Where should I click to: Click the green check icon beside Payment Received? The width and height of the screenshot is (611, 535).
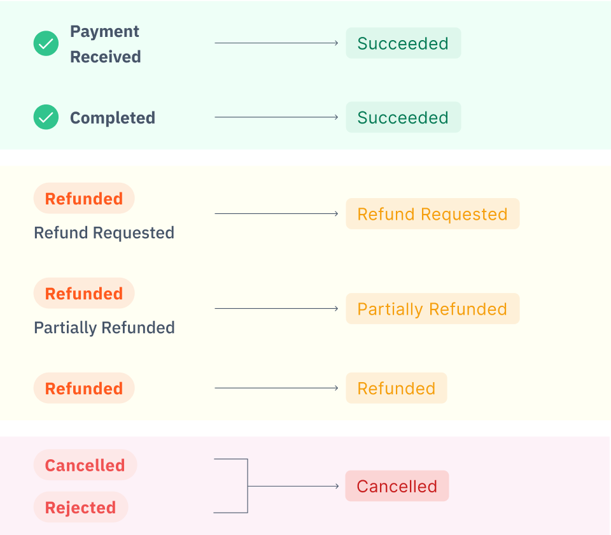pos(46,43)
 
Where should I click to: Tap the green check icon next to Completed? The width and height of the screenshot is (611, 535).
pos(46,117)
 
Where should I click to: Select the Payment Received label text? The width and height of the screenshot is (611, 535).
pos(105,44)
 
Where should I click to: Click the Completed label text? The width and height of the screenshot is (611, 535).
pos(112,118)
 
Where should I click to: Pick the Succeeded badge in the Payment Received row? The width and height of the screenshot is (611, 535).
pos(403,43)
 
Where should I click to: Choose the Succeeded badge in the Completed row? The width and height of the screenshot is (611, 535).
pos(403,118)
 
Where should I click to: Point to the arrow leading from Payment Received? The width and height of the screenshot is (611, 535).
pos(276,43)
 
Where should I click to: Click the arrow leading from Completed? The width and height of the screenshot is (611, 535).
pos(276,117)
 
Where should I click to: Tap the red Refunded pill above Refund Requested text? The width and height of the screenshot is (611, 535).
pos(84,199)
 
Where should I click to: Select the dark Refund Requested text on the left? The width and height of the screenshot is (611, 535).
pos(104,233)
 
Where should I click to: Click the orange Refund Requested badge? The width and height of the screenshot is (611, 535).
pos(432,214)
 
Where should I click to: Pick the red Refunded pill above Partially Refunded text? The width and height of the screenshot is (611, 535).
pos(84,294)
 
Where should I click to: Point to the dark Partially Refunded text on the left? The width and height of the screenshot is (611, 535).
pos(104,328)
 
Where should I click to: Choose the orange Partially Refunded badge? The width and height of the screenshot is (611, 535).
pos(432,309)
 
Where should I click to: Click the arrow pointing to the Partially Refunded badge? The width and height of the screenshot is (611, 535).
pos(276,309)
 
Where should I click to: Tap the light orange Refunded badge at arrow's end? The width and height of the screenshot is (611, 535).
pos(396,389)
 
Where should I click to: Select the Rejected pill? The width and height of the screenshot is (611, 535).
pos(80,508)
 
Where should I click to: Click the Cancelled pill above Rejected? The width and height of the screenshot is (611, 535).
pos(85,465)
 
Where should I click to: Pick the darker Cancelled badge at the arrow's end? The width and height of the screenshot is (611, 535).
pos(397,487)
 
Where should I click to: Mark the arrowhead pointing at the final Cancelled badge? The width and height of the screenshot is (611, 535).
pos(336,487)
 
